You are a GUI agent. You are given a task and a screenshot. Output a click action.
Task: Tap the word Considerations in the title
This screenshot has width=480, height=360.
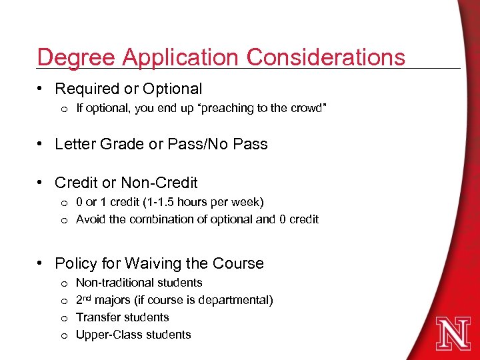326,57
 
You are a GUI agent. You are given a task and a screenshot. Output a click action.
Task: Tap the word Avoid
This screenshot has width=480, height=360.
91,219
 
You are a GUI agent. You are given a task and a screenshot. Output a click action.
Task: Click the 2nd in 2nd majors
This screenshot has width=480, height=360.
85,299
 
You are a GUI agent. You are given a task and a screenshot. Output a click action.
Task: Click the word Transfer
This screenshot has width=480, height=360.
97,317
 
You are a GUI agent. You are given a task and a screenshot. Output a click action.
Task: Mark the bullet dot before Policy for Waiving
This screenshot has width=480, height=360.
41,263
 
